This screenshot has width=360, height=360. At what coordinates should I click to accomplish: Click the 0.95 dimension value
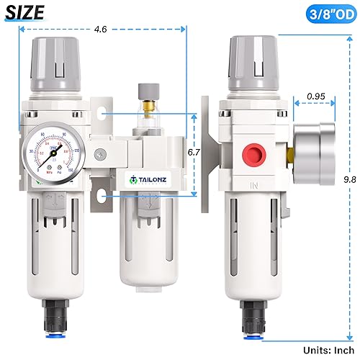coord(314,95)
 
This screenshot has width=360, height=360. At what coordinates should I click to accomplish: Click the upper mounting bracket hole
coord(103,113)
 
